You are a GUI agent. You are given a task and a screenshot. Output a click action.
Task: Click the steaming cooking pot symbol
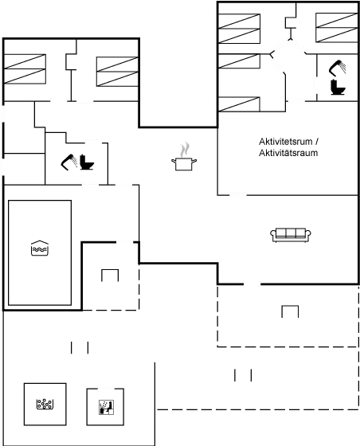pos(184,156)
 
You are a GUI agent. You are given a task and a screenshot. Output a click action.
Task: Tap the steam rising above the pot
pos(185,150)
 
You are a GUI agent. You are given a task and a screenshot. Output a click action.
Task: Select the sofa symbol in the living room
pos(291,235)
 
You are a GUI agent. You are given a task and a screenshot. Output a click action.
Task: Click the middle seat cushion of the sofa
pos(291,233)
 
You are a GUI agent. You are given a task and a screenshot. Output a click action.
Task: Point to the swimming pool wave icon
pos(40,248)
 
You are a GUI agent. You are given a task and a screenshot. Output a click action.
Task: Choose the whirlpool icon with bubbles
pos(45,405)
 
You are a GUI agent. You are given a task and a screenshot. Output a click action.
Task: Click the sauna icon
pos(107,407)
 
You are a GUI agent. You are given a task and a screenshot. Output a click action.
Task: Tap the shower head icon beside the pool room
pos(68,162)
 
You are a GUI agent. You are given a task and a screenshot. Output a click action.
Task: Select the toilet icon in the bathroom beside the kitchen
pos(87,162)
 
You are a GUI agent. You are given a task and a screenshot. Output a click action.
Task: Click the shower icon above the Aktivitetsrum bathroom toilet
pos(338,68)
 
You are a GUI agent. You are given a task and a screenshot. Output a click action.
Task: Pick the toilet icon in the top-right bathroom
pos(338,88)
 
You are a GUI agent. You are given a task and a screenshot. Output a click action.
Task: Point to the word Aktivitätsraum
pos(288,153)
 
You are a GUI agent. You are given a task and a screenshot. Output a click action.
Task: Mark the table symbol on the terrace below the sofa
pos(290,311)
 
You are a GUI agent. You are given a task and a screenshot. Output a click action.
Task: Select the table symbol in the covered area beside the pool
pos(110,276)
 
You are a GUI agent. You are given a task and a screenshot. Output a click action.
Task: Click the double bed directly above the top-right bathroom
pos(337,28)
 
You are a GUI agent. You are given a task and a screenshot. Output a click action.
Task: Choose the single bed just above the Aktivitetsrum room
pos(239,104)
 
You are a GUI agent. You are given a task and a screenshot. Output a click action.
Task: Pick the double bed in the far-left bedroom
pos(25,69)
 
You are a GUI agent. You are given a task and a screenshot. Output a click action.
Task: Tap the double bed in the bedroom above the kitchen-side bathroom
pos(117,72)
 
